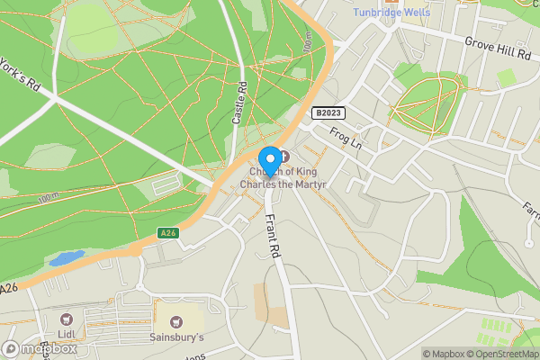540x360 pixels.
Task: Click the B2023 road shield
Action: tap(328, 112)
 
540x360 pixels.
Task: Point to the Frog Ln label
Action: tap(345, 138)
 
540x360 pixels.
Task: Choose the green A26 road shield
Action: tap(167, 233)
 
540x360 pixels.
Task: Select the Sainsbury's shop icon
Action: tap(175, 321)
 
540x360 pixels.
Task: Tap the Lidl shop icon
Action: tap(65, 319)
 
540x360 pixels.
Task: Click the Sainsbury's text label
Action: tap(176, 337)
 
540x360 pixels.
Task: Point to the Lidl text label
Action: tap(65, 336)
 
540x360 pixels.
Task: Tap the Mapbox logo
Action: tap(40, 348)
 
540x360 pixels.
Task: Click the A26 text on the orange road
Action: tap(10, 289)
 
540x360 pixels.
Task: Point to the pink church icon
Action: tap(285, 158)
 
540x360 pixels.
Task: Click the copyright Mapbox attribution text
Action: tap(445, 354)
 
